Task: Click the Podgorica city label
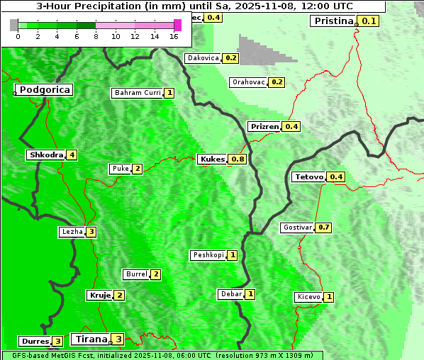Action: [x=44, y=90]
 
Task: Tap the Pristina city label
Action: [x=333, y=21]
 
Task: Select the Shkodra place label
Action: [x=46, y=154]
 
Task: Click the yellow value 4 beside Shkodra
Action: [x=72, y=154]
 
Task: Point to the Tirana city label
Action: [x=89, y=339]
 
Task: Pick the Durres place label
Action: [x=35, y=341]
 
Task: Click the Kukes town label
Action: [x=212, y=159]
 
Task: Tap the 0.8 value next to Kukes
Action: [x=238, y=159]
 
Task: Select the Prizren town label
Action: [x=264, y=126]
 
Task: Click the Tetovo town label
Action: [x=309, y=176]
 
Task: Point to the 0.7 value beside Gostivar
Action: [x=323, y=227]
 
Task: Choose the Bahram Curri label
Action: [x=138, y=93]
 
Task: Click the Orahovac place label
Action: [x=248, y=82]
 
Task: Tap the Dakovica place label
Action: [x=202, y=58]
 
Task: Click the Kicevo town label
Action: [x=308, y=296]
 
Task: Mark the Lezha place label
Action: [x=72, y=232]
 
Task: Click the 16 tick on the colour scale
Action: [x=173, y=36]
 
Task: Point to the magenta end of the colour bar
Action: [x=177, y=25]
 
